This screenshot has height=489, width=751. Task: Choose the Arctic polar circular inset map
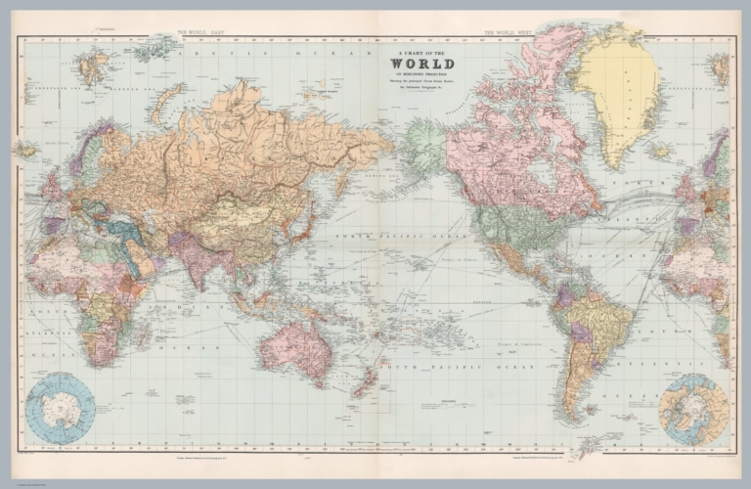point(692,409)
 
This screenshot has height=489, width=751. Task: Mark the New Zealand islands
point(369,376)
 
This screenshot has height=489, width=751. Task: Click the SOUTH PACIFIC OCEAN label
point(460,366)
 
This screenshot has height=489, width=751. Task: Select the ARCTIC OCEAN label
point(293,52)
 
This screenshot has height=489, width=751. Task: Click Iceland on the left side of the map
point(26,150)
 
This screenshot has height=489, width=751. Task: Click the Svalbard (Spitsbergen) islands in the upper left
point(94,67)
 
